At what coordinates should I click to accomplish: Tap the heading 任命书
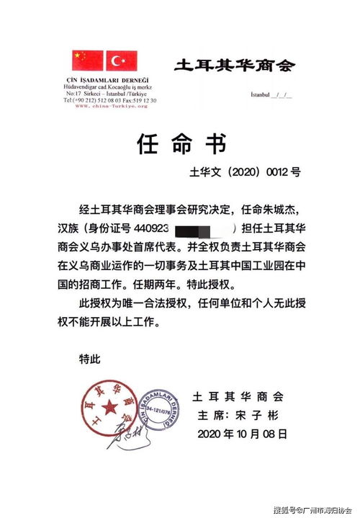click(180, 144)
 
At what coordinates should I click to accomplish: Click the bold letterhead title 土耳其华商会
click(235, 66)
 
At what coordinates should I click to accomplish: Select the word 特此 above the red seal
click(89, 358)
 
